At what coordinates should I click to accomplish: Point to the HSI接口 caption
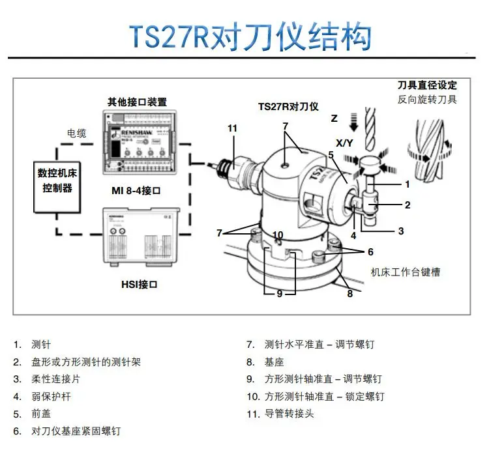point(139,284)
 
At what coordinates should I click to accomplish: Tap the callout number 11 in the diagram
point(233,128)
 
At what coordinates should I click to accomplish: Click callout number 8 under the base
point(349,294)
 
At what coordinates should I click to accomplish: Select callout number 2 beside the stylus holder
point(407,205)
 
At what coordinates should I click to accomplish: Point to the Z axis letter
point(334,119)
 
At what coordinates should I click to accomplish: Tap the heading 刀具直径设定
point(427,85)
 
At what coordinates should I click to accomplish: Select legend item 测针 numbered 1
point(40,345)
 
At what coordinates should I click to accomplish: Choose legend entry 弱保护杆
point(50,396)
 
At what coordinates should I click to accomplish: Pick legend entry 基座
point(274,362)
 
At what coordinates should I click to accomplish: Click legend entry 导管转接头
point(289,413)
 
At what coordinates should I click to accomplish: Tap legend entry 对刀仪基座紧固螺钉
point(76,431)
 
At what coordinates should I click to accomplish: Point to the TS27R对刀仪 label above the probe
point(288,106)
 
